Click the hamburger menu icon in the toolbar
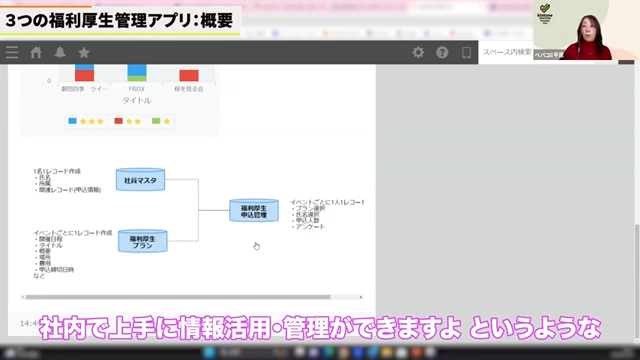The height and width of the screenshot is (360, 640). pyautogui.click(x=11, y=53)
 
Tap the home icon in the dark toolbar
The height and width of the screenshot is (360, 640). pyautogui.click(x=37, y=53)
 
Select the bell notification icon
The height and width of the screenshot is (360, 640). pyautogui.click(x=60, y=53)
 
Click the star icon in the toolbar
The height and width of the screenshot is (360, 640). pyautogui.click(x=84, y=53)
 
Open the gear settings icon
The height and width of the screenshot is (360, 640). pyautogui.click(x=419, y=53)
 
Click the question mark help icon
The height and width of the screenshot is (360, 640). pyautogui.click(x=442, y=53)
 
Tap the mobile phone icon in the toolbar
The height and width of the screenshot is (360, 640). pyautogui.click(x=465, y=53)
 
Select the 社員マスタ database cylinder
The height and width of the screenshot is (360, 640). pyautogui.click(x=141, y=180)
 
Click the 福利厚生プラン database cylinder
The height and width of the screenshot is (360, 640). pyautogui.click(x=141, y=241)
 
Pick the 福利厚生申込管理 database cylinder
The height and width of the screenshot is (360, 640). pyautogui.click(x=254, y=210)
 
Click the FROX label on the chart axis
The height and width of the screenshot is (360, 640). pyautogui.click(x=137, y=89)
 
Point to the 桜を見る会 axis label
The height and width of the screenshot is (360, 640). pyautogui.click(x=190, y=89)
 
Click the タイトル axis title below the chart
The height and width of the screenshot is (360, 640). pyautogui.click(x=136, y=101)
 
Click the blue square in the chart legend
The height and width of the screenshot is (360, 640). pyautogui.click(x=72, y=121)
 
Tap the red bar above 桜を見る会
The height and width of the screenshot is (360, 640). pyautogui.click(x=189, y=75)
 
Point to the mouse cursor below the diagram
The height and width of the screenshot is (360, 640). pyautogui.click(x=256, y=245)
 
